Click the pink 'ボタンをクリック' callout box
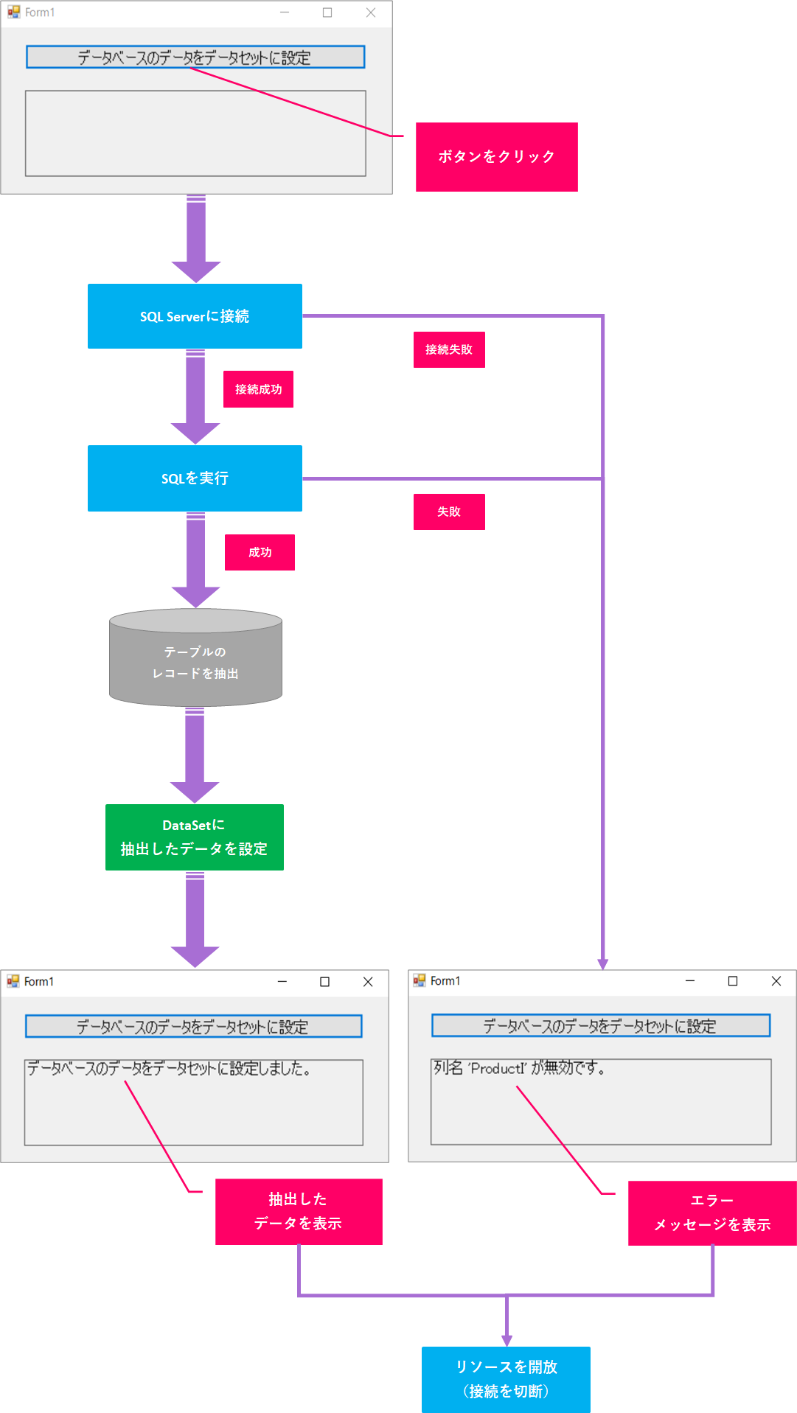point(496,157)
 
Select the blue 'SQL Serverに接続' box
point(195,316)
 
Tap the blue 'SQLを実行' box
point(195,478)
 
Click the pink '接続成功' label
point(258,389)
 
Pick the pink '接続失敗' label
point(449,349)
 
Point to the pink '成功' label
point(260,552)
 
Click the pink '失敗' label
point(449,512)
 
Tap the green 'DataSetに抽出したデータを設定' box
point(195,837)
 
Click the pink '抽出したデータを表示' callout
point(299,1212)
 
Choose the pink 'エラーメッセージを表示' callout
point(711,1213)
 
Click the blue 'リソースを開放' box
point(506,1379)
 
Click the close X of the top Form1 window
point(371,13)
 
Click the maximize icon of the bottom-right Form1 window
point(733,981)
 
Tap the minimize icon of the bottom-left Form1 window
point(282,982)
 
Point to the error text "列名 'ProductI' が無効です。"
point(519,1068)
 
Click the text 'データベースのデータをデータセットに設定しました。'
point(169,1069)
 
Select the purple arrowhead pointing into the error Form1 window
point(603,963)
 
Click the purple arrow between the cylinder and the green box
point(195,756)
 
